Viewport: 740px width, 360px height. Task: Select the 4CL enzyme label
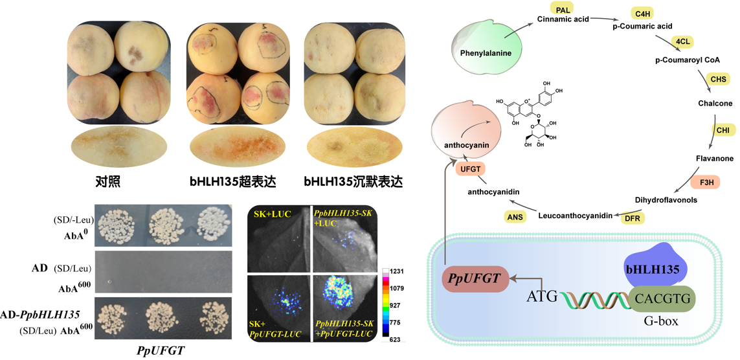click(x=684, y=41)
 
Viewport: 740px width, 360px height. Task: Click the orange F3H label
click(x=704, y=181)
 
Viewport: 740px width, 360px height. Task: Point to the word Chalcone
click(x=715, y=104)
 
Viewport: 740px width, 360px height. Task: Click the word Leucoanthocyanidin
click(x=576, y=216)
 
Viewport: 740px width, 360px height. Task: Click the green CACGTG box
click(x=659, y=298)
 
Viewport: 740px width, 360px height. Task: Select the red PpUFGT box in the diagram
click(x=475, y=277)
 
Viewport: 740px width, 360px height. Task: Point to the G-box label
click(x=660, y=322)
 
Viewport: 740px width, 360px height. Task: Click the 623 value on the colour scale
click(x=395, y=339)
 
